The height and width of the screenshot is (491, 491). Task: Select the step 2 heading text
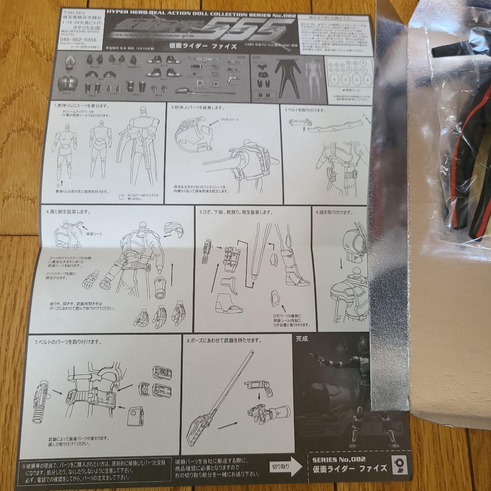pos(195,108)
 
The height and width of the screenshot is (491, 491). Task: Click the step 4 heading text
pos(68,212)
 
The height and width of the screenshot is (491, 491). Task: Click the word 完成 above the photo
pos(301,338)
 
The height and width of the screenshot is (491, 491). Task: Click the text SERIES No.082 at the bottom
pos(339,459)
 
